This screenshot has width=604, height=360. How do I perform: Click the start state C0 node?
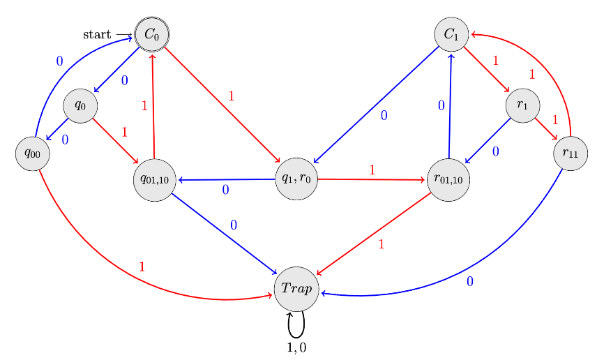[152, 33]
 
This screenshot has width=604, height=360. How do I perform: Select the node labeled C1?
[451, 33]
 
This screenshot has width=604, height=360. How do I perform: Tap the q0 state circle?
[80, 106]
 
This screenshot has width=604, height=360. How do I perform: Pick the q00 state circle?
[33, 153]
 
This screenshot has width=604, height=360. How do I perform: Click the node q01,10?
[155, 179]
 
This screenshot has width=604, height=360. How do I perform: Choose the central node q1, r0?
[296, 179]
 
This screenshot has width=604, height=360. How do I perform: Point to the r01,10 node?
[448, 179]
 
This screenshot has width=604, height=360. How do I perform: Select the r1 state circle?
[522, 105]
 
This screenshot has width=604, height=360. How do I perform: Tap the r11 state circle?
[571, 153]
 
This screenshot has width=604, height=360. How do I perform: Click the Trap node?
[296, 288]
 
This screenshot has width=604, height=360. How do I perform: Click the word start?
[97, 34]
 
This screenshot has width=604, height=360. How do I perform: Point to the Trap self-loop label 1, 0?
[297, 347]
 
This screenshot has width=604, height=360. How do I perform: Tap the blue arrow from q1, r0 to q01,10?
[227, 180]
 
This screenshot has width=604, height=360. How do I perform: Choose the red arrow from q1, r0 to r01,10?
[371, 179]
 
